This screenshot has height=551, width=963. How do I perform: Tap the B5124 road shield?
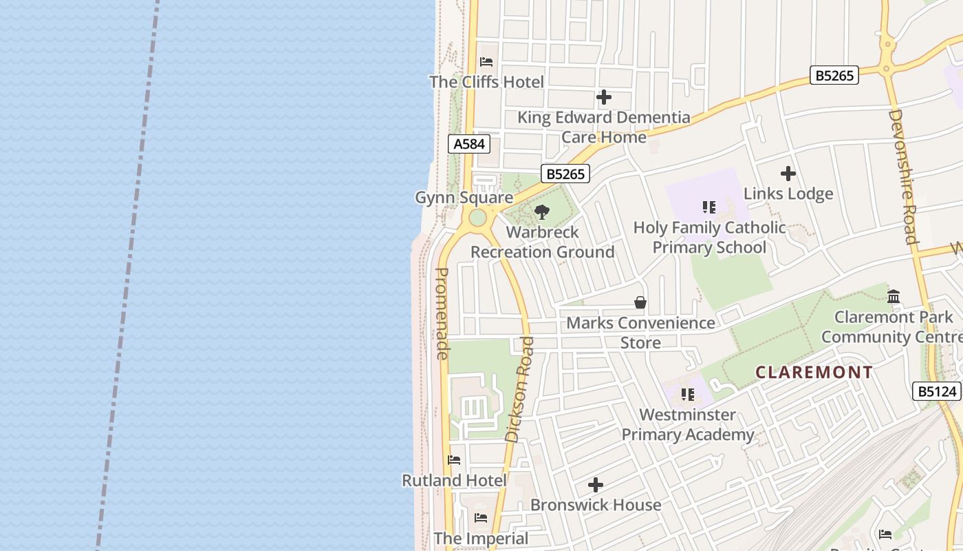(x=937, y=391)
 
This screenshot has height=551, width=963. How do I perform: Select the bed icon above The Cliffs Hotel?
(x=486, y=62)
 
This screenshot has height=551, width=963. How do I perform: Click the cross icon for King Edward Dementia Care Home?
(x=604, y=97)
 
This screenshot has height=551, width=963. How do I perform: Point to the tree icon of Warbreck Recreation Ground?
(x=542, y=212)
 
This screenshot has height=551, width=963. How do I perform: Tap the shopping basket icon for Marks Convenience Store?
(x=640, y=302)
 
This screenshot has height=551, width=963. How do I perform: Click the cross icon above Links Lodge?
(x=788, y=174)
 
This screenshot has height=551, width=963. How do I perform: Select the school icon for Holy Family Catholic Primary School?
(x=709, y=207)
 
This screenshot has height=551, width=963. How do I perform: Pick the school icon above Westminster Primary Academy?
(x=687, y=395)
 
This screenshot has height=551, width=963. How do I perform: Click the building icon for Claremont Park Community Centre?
(x=894, y=297)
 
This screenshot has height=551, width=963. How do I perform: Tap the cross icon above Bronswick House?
(x=596, y=485)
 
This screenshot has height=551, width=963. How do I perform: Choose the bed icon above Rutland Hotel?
(x=454, y=460)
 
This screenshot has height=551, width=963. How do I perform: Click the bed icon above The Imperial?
(x=481, y=518)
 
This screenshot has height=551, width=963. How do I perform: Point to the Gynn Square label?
(x=464, y=198)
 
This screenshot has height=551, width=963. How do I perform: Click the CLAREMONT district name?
(x=814, y=373)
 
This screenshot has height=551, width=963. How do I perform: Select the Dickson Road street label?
(x=519, y=389)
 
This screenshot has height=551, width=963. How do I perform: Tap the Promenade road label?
(x=442, y=313)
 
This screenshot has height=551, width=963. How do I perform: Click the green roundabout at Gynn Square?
(x=477, y=219)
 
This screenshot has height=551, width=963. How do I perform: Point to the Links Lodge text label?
(x=788, y=194)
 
